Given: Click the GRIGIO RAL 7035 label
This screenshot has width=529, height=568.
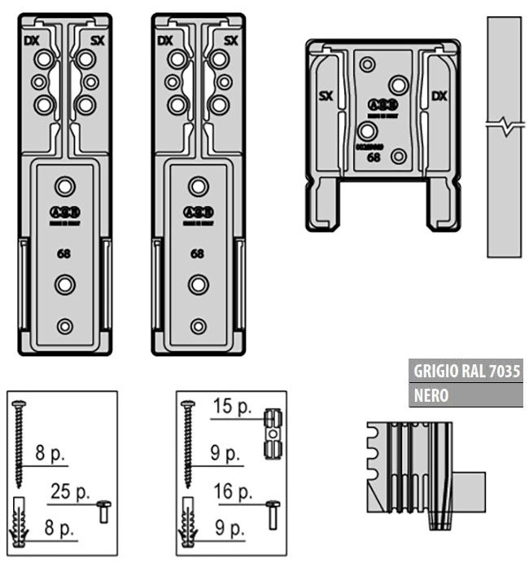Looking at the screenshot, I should (x=466, y=371).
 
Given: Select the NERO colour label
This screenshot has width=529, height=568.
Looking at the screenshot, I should (x=431, y=395).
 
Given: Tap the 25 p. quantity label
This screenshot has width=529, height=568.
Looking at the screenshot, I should (x=70, y=492).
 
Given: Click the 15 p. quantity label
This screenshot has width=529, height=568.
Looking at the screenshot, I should (x=233, y=406).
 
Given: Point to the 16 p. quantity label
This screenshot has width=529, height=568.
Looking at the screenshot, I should (x=234, y=491).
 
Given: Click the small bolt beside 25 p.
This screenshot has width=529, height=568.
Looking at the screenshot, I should (x=103, y=511).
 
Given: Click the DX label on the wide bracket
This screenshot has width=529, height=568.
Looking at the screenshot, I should (x=439, y=97).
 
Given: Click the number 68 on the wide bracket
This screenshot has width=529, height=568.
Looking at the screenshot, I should (x=374, y=158).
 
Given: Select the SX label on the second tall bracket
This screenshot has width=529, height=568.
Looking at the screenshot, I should (x=230, y=40).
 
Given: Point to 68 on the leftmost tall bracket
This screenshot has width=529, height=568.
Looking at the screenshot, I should (x=63, y=253).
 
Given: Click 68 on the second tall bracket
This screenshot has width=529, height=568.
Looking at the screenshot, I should (x=198, y=253).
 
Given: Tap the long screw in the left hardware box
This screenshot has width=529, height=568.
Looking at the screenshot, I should (x=20, y=440).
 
